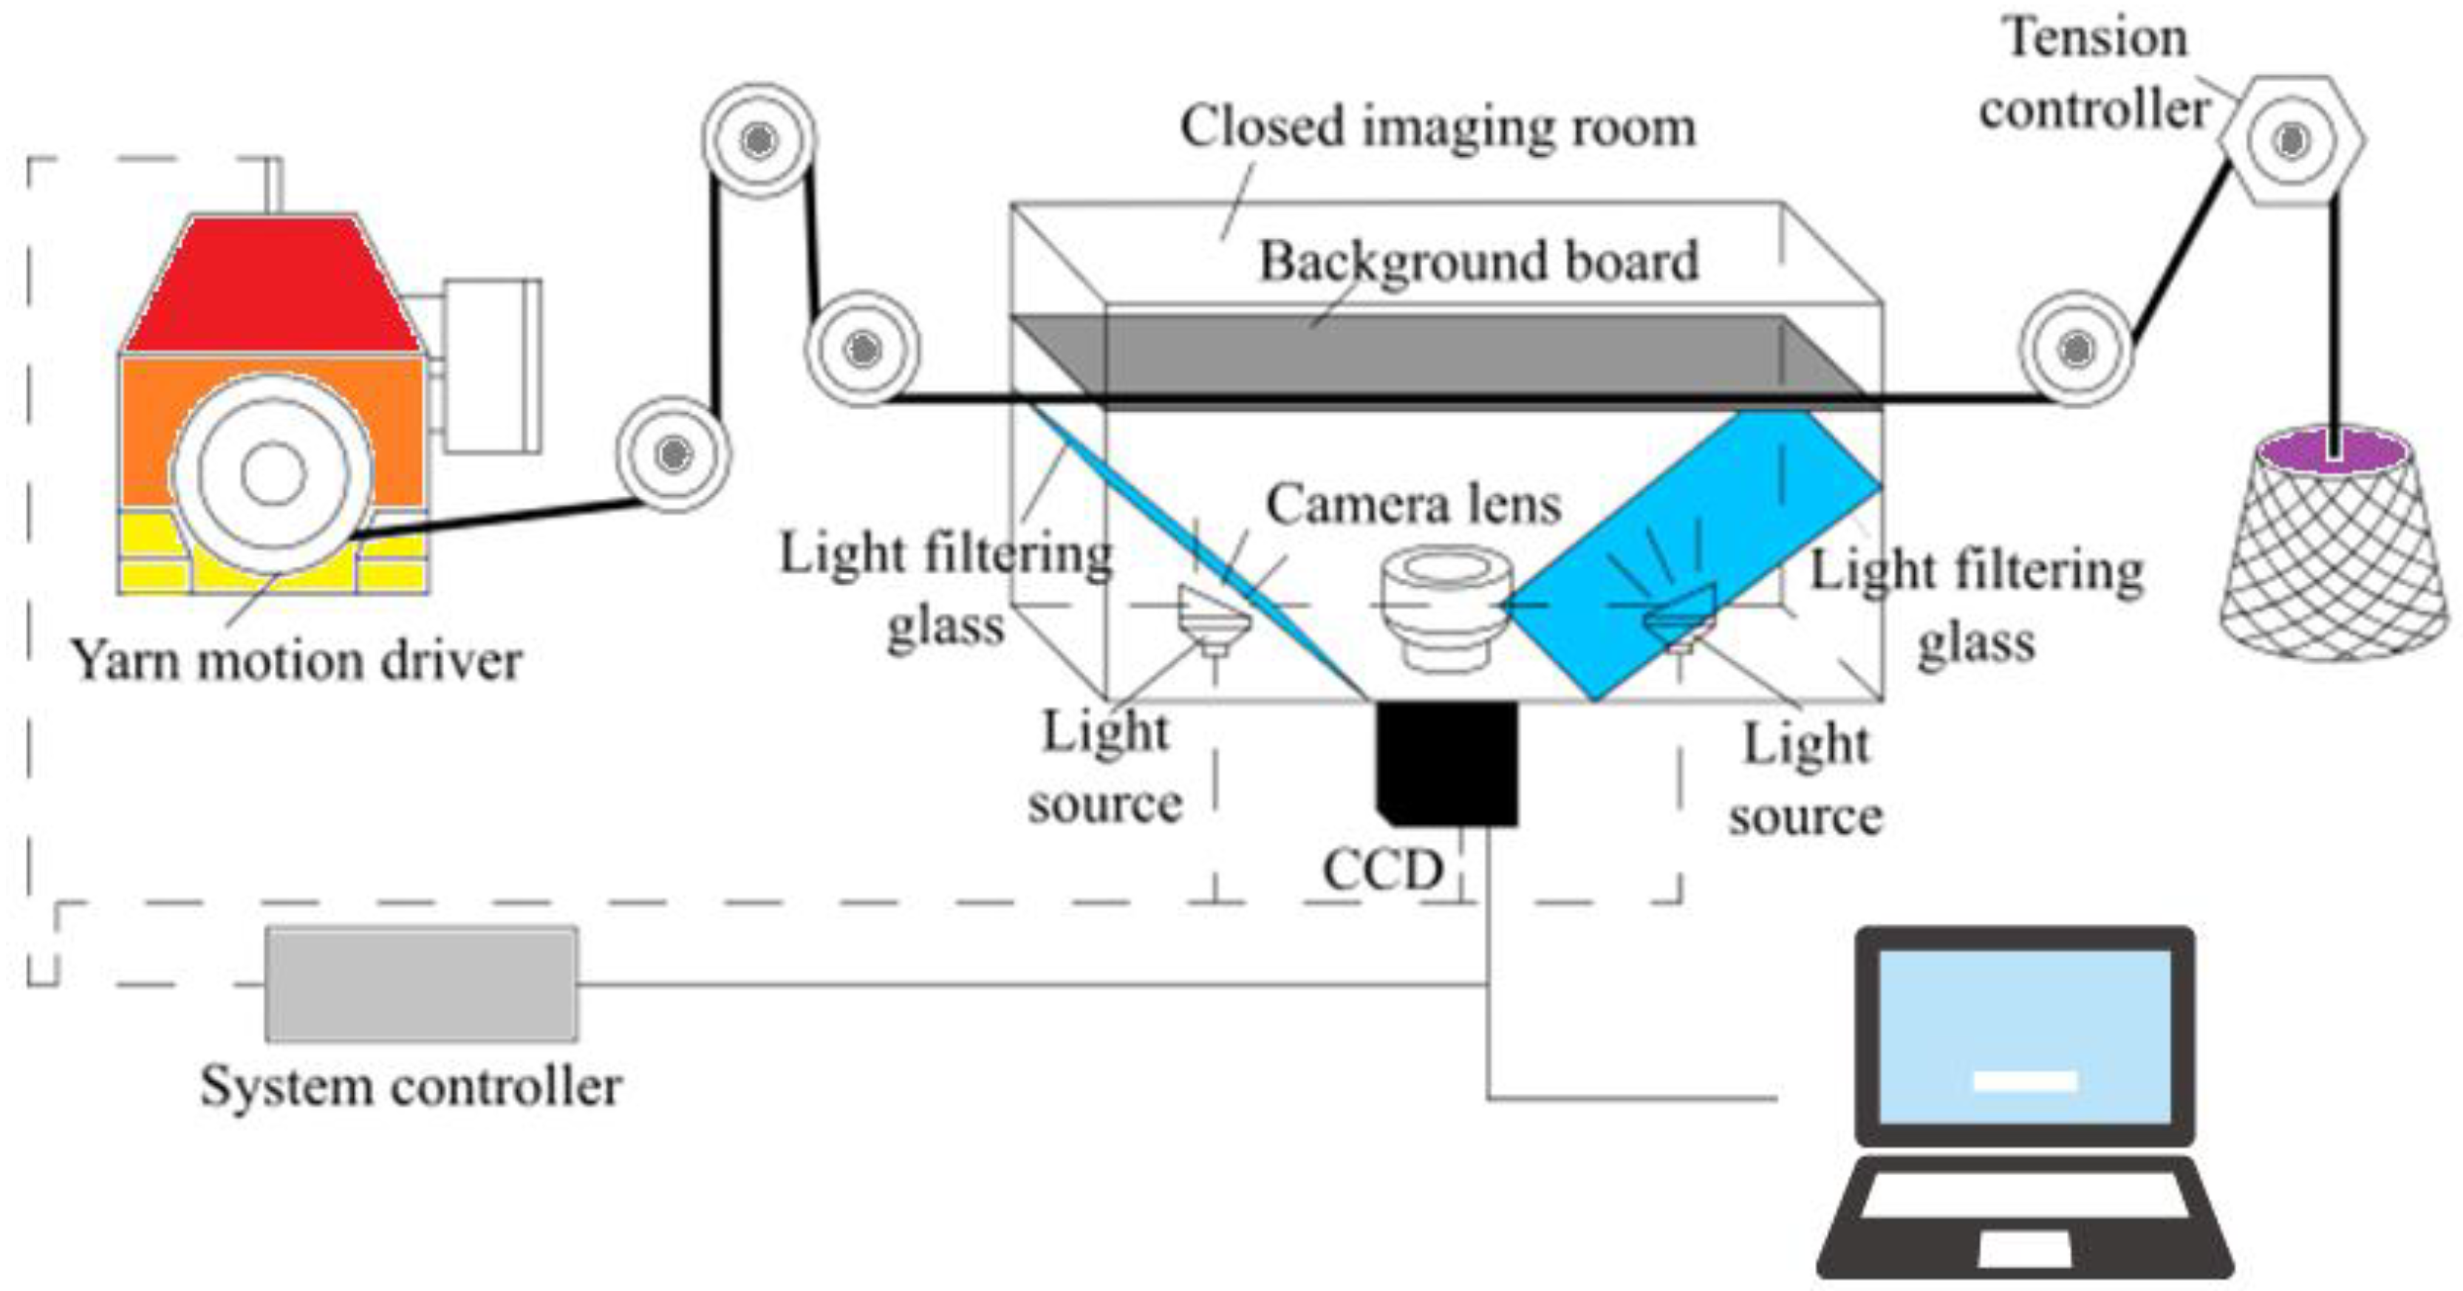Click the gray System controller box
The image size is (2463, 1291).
pos(420,983)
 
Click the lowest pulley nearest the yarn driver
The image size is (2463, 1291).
pos(673,453)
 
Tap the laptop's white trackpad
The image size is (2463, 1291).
pos(2024,1248)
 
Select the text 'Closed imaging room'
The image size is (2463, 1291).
pos(1437,127)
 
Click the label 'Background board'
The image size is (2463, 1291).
pos(1478,261)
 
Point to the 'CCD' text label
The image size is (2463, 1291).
pos(1382,871)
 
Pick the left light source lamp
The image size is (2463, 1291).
pos(1212,620)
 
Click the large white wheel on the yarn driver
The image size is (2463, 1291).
pos(273,474)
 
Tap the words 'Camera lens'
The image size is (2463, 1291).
pos(1413,504)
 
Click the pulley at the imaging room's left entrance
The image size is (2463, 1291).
pos(862,349)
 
